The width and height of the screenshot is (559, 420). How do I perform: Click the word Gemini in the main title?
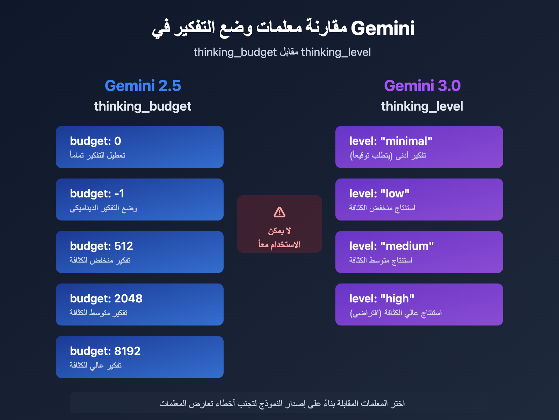(x=383, y=28)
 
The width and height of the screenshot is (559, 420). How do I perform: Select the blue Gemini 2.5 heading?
(x=143, y=86)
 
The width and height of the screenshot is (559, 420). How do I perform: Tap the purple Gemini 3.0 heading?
(x=422, y=86)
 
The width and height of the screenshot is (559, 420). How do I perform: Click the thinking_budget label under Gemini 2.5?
(x=143, y=106)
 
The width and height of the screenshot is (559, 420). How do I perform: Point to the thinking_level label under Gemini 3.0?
(x=422, y=106)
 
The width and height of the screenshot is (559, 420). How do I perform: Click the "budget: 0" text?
(x=95, y=141)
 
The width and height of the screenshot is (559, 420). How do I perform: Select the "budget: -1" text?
(x=97, y=194)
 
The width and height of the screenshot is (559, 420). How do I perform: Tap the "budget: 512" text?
(x=101, y=246)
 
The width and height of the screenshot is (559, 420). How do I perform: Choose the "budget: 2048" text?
(x=106, y=299)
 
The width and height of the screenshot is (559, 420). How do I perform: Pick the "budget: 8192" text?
(x=105, y=351)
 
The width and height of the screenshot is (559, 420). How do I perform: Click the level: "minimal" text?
(x=391, y=141)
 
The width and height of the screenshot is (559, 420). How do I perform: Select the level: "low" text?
(x=379, y=194)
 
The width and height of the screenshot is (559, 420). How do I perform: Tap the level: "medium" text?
(x=392, y=246)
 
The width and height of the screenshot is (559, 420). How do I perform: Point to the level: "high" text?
(x=382, y=299)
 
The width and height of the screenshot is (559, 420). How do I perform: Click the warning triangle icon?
(x=279, y=212)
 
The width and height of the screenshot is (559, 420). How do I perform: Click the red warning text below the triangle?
(x=279, y=238)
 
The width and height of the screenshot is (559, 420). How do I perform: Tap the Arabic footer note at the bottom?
(x=282, y=404)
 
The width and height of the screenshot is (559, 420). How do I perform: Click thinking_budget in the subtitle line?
(x=235, y=52)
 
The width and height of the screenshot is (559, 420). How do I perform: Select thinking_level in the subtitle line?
(x=336, y=52)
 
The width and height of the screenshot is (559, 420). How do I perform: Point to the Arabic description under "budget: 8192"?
(x=96, y=365)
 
